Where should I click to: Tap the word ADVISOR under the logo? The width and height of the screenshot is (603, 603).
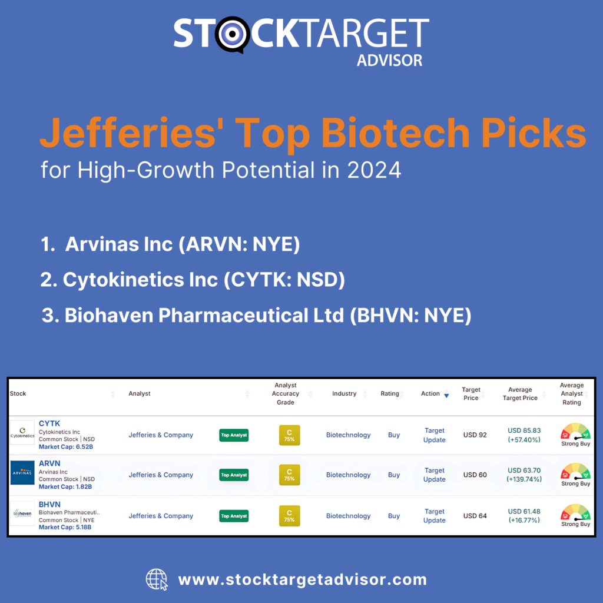[389, 60]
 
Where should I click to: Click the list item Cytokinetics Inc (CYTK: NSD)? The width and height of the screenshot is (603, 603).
[193, 280]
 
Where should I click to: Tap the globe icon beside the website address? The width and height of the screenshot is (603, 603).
[157, 579]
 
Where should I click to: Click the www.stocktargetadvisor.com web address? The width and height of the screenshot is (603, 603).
[302, 579]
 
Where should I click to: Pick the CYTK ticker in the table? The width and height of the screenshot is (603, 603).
[49, 423]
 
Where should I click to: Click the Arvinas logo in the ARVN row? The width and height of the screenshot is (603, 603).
[22, 473]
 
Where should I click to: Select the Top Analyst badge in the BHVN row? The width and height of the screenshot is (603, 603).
[234, 516]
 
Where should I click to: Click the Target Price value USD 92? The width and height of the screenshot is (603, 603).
[475, 435]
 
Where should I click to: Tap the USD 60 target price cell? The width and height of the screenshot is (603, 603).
[475, 475]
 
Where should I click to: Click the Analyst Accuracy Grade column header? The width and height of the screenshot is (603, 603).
[286, 393]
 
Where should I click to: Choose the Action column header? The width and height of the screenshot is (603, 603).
[430, 393]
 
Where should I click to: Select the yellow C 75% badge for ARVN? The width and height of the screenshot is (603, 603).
[289, 475]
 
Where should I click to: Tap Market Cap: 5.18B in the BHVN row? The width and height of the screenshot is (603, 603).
[66, 527]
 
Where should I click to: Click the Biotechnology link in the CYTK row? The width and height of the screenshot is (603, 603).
[349, 435]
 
